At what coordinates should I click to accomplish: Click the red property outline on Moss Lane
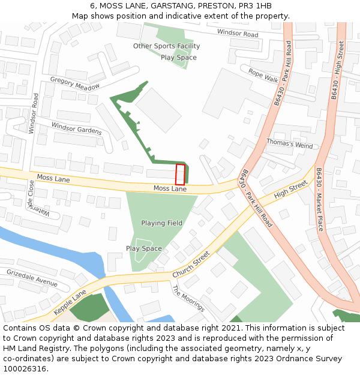180,174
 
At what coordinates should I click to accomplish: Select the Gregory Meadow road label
75,83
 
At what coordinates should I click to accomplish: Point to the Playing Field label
161,223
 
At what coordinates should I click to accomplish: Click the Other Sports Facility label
166,46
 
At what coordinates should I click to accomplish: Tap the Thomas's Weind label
290,145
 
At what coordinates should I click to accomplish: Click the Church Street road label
191,264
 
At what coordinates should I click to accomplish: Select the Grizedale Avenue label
32,277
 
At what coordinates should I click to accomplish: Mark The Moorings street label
188,298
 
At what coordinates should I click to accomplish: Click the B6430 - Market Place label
320,198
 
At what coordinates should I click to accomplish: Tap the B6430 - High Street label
338,71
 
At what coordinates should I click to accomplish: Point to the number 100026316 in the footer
25,369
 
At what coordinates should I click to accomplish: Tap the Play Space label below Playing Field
144,248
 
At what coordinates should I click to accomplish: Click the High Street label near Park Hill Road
290,191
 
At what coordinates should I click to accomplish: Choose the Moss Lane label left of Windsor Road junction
53,179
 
